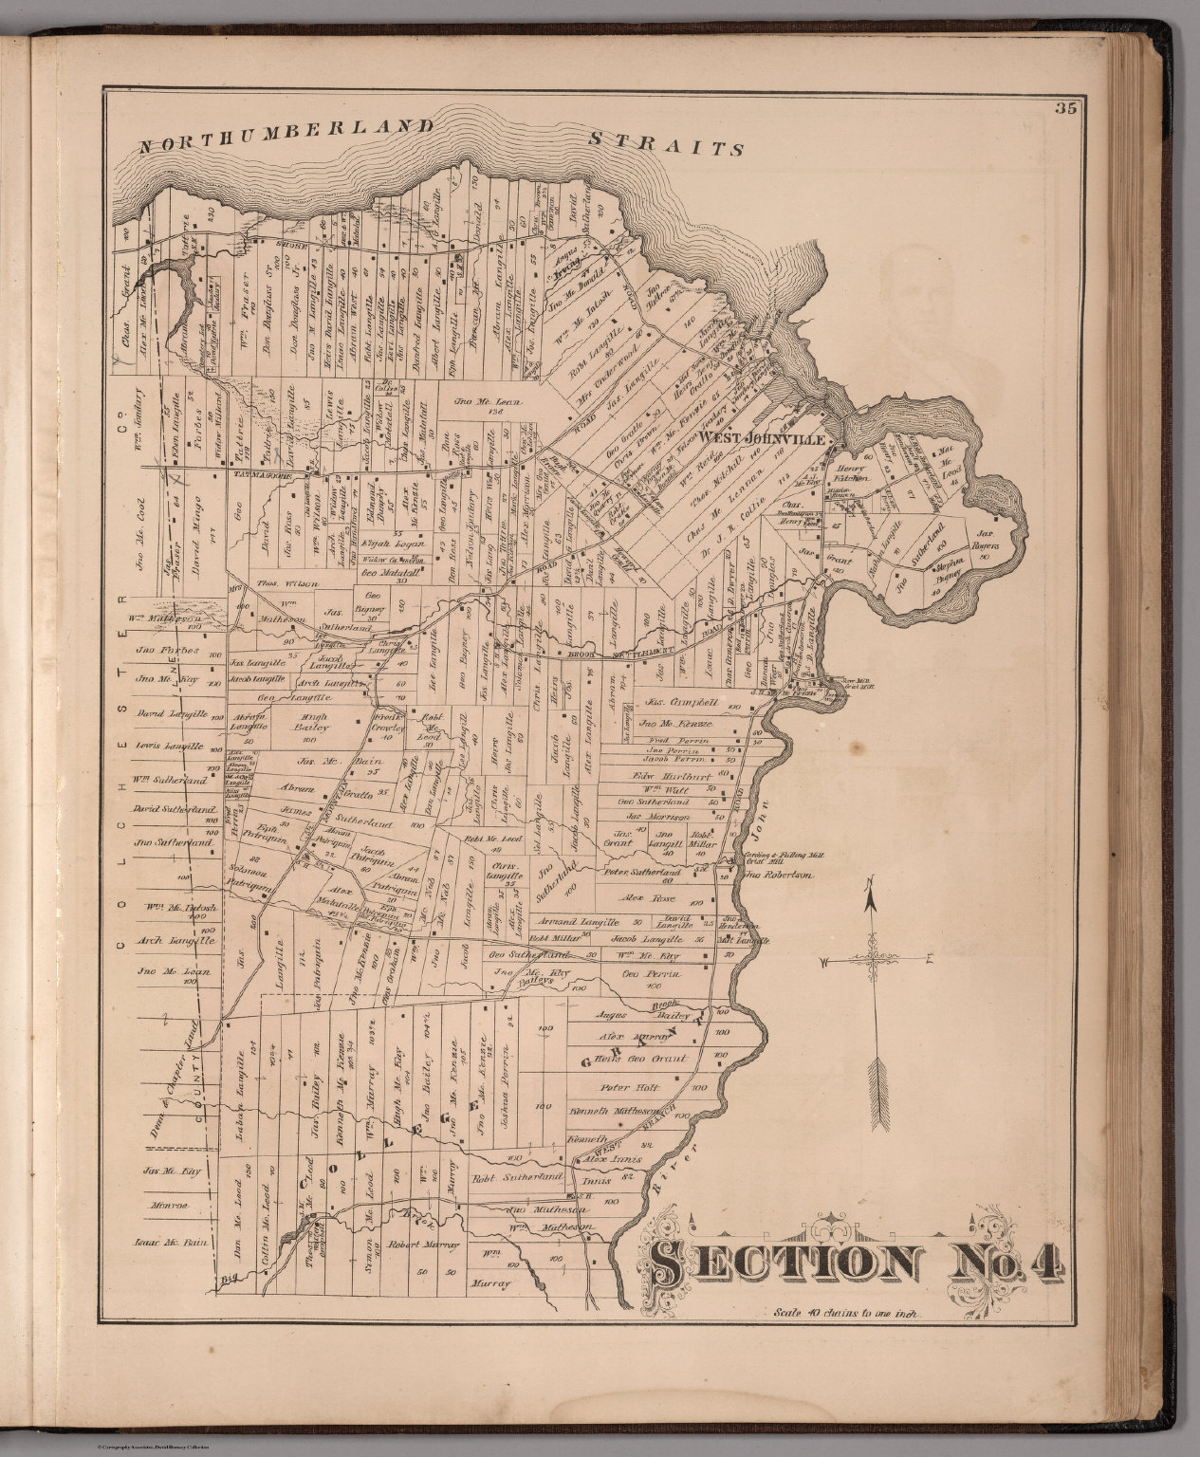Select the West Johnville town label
coord(766,440)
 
